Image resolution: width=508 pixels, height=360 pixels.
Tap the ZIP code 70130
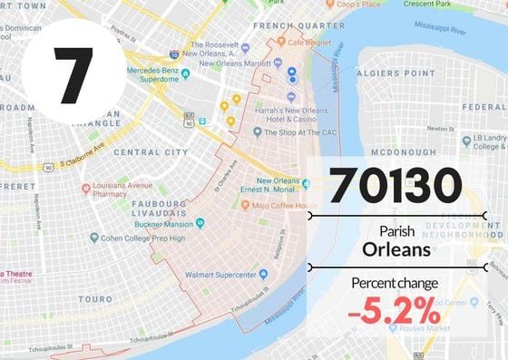[x=396, y=184]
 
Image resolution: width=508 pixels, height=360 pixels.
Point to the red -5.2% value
[x=396, y=310]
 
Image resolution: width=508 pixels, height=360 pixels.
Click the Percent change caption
[x=395, y=283]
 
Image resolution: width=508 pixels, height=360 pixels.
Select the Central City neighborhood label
[x=151, y=152]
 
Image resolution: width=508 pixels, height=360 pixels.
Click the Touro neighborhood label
[x=95, y=297]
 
